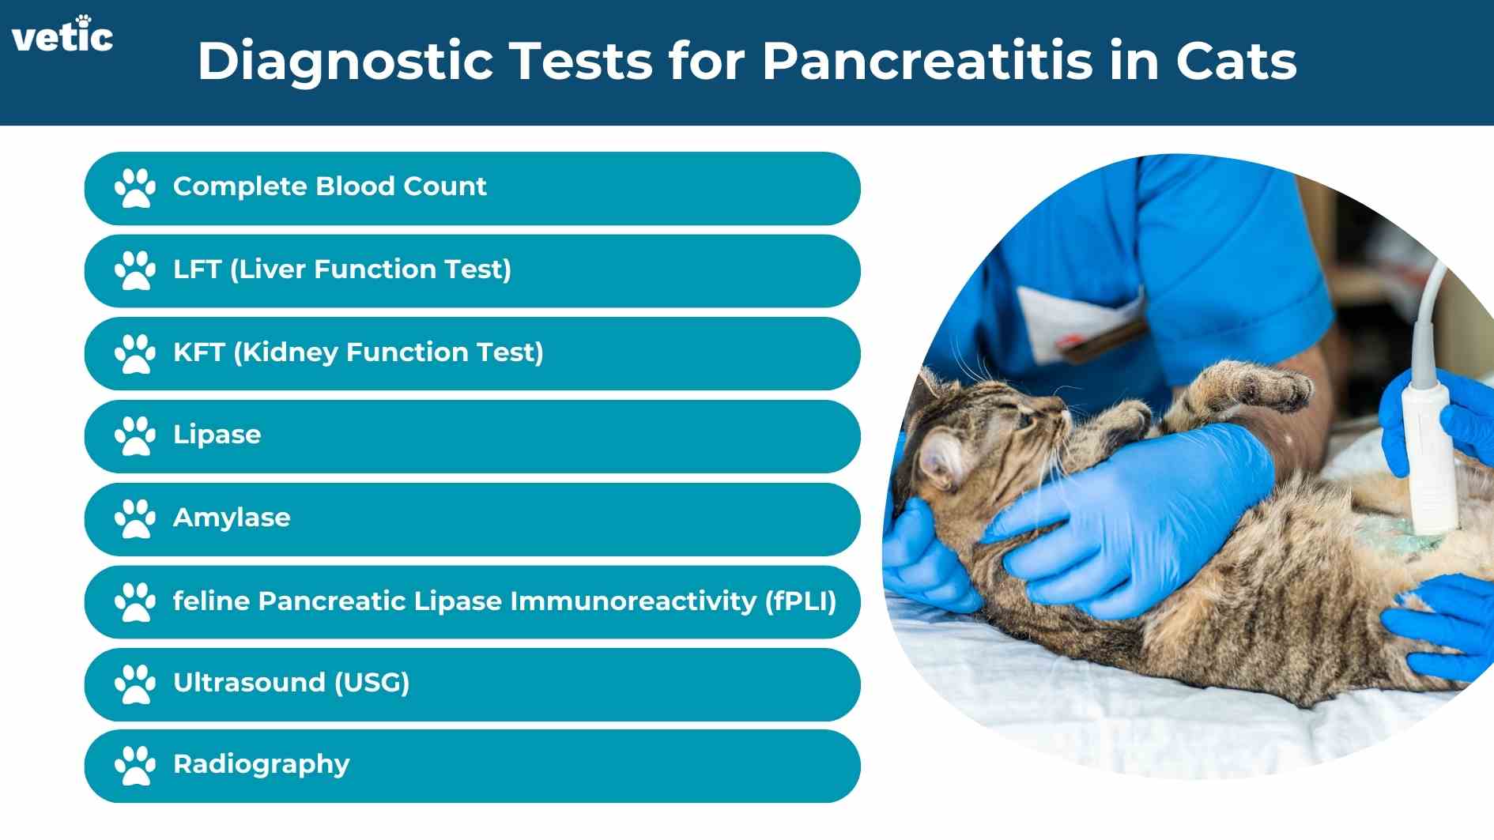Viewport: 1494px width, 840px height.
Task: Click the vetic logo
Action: tap(62, 36)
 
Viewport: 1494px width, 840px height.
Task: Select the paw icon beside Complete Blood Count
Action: tap(134, 188)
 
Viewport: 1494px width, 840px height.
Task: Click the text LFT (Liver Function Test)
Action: tap(341, 269)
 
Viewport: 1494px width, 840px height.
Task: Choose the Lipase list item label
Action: tap(217, 435)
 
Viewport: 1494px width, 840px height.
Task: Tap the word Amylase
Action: tap(232, 518)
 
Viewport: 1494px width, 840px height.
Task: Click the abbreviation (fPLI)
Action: tap(800, 601)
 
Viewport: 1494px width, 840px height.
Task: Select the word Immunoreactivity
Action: tap(632, 601)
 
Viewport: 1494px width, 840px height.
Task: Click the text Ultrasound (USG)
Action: tap(291, 683)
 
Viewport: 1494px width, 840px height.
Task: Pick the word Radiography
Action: tap(261, 765)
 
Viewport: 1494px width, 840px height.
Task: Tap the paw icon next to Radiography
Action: tap(134, 766)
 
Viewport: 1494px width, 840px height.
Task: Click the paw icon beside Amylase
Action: tap(134, 518)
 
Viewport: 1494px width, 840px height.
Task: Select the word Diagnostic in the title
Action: tap(345, 61)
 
